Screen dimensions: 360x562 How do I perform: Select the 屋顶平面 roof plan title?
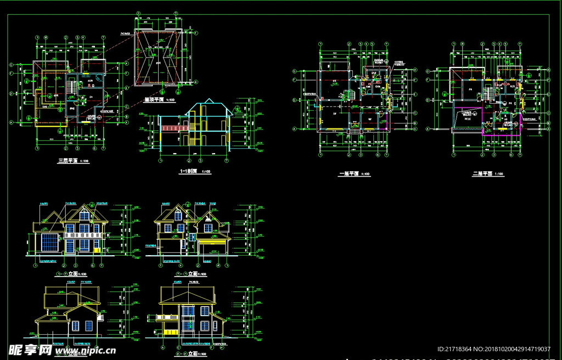click(x=154, y=100)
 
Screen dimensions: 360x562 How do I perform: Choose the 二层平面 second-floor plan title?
click(x=483, y=174)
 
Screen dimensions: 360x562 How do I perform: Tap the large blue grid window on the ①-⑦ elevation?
click(x=49, y=242)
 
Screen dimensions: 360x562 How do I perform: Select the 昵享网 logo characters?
click(x=30, y=350)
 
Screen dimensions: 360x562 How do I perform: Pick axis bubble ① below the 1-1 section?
click(x=160, y=161)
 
